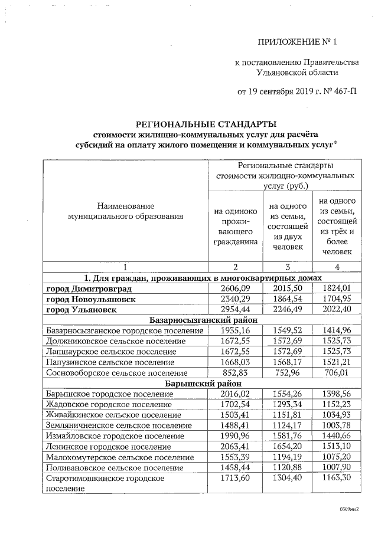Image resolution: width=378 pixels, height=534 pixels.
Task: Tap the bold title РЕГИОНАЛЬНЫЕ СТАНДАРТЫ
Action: click(x=206, y=124)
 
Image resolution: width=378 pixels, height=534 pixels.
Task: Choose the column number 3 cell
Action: click(x=290, y=267)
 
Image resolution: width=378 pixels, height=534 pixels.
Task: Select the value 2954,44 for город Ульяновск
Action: click(x=236, y=309)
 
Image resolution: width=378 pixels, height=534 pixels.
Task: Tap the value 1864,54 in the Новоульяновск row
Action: click(x=290, y=299)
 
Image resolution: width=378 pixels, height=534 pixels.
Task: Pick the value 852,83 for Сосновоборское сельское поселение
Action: click(x=236, y=372)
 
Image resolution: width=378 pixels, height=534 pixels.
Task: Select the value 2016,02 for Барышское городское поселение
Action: click(x=236, y=394)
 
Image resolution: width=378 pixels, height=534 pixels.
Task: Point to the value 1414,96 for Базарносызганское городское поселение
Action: click(x=337, y=330)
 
